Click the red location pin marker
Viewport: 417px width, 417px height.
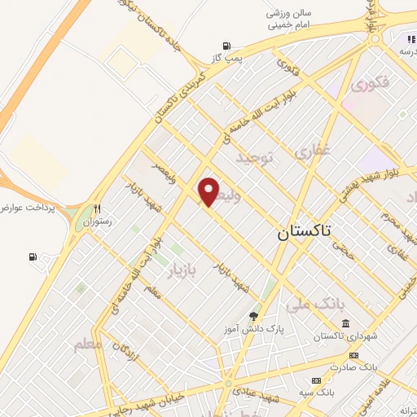pos(209,192)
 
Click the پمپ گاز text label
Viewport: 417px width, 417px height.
pos(225,58)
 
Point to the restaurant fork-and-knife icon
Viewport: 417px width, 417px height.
pos(98,208)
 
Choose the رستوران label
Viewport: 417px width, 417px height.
pos(98,221)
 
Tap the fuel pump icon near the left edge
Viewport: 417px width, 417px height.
pos(33,257)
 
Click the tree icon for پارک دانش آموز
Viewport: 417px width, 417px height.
pos(253,315)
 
